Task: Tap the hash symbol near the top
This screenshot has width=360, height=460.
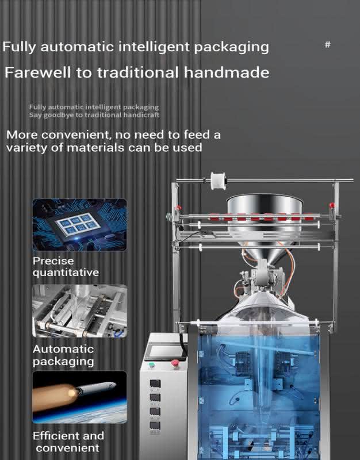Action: (328, 45)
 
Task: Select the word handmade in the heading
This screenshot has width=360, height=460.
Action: (227, 72)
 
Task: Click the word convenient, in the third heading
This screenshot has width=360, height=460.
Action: (76, 135)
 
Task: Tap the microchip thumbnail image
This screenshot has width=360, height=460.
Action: (79, 225)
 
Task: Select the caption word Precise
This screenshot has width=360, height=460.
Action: (53, 261)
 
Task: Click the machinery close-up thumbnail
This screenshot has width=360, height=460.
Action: (79, 311)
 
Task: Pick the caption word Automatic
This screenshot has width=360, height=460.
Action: (63, 349)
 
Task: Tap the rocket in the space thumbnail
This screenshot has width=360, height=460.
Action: (94, 389)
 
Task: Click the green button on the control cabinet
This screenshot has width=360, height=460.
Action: (151, 365)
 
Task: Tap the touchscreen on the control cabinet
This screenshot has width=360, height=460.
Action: (166, 351)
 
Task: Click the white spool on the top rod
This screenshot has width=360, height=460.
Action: (219, 181)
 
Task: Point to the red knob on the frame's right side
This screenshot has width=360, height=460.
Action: (332, 205)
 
